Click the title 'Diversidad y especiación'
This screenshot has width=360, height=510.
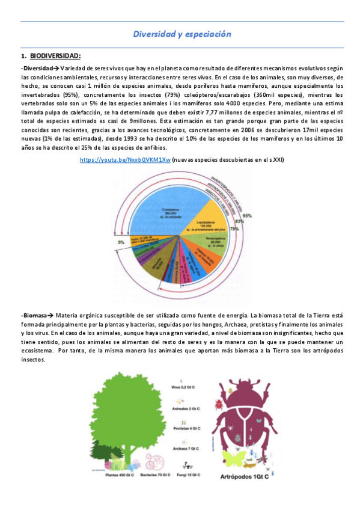(182, 35)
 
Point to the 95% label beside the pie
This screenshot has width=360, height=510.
(248, 215)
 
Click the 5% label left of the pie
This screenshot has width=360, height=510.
(121, 242)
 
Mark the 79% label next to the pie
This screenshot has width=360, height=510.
(234, 229)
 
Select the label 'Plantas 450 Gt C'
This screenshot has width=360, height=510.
(119, 475)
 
